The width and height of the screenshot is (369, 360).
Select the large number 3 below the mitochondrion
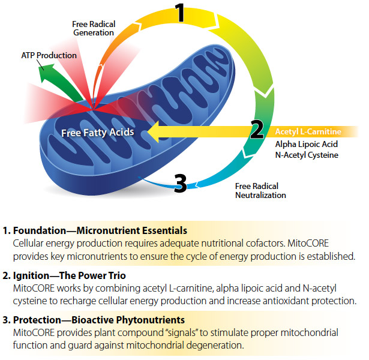180,183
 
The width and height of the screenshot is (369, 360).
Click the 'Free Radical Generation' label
94,28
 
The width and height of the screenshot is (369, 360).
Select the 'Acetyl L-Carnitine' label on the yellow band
308,131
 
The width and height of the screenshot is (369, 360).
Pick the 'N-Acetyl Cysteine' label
307,155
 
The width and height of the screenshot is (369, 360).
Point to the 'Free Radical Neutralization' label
260,190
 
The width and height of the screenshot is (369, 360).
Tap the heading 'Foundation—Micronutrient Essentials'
100,231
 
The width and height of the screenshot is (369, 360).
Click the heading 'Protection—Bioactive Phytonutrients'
98,320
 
